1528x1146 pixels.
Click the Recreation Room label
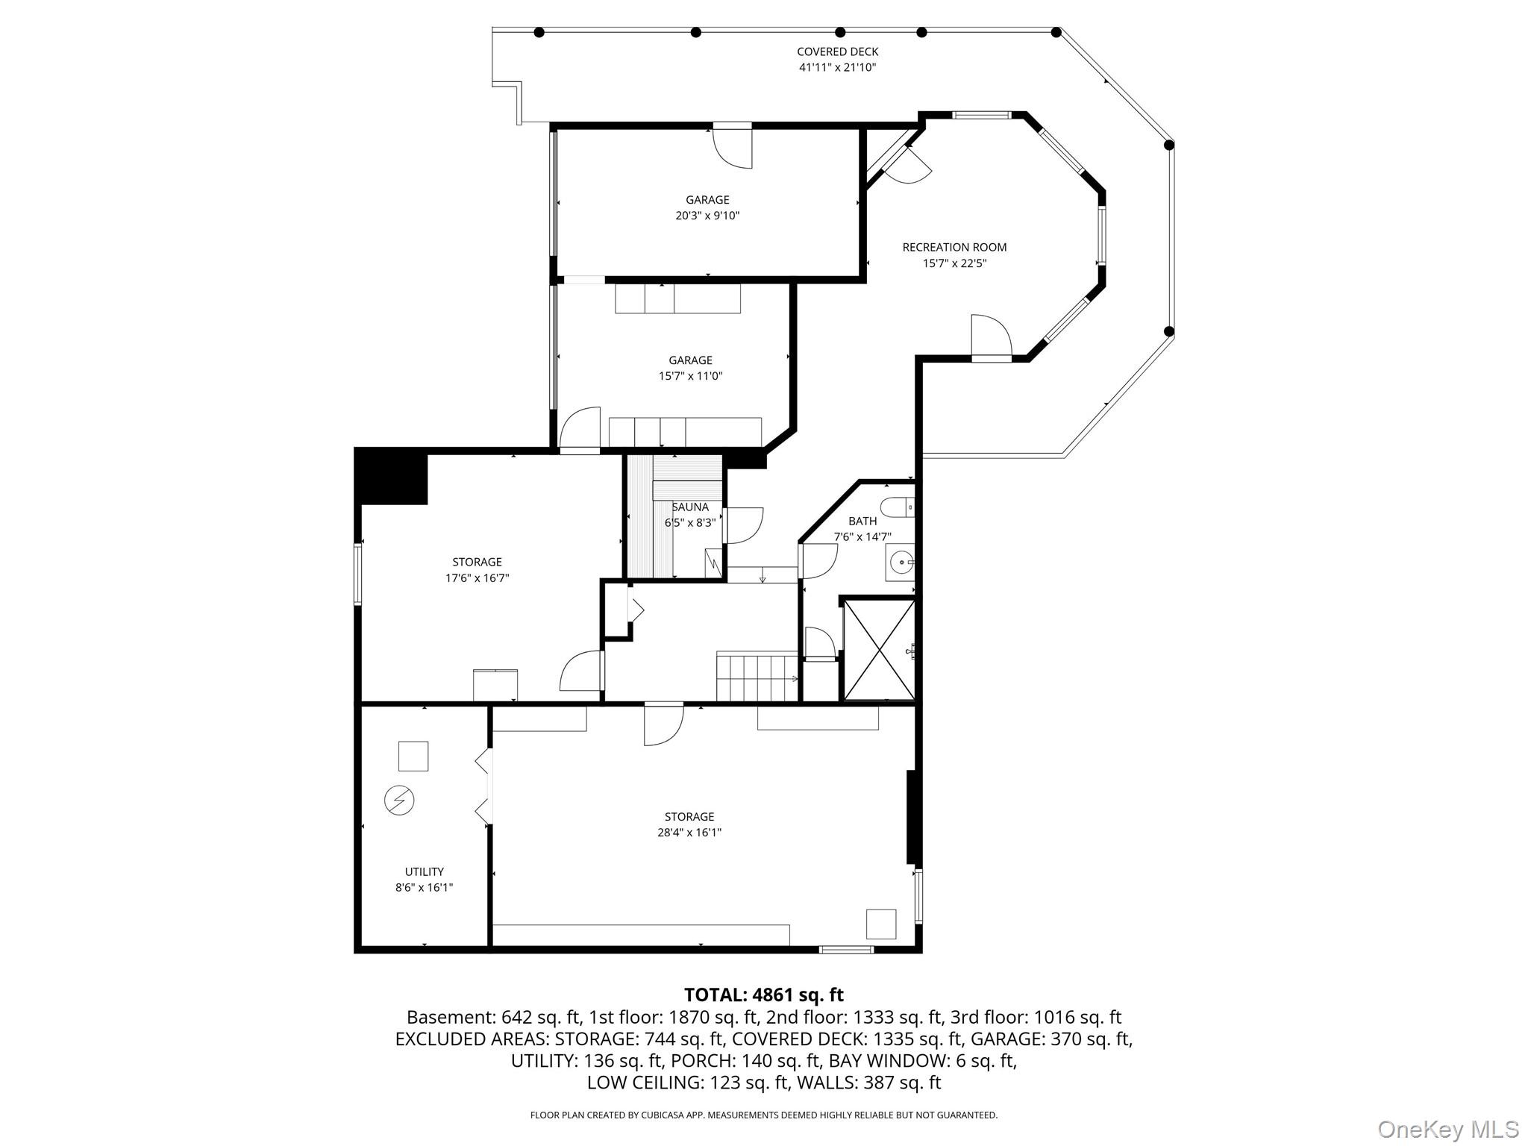click(x=954, y=247)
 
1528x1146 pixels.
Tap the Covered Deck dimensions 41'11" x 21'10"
click(x=837, y=67)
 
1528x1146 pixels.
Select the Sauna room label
click(x=690, y=507)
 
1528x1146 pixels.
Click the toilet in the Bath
click(x=898, y=507)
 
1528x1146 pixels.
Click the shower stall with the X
click(x=879, y=649)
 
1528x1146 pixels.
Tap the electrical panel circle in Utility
click(x=399, y=801)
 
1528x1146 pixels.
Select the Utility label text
click(x=425, y=871)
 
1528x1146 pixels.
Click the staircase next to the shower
click(x=757, y=677)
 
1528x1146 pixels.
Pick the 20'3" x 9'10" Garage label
click(x=707, y=207)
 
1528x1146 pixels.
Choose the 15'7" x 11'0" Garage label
click(x=690, y=368)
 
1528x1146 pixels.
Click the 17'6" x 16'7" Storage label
click(x=477, y=569)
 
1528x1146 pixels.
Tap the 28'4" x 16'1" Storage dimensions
click(x=689, y=832)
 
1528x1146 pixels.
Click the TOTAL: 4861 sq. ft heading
click(x=763, y=995)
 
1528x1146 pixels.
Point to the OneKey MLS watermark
click(x=1448, y=1129)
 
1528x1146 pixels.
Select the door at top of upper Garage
click(x=733, y=145)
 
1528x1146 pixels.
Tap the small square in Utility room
click(x=413, y=756)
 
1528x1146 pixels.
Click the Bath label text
click(x=862, y=521)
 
